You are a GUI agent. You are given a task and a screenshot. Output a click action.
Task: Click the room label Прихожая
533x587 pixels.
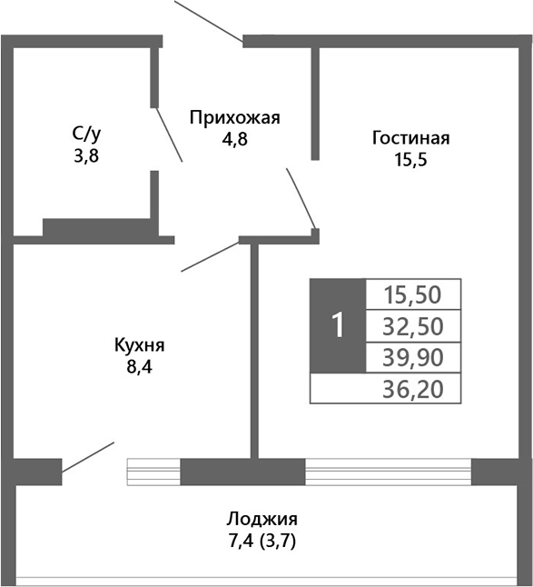[234, 117]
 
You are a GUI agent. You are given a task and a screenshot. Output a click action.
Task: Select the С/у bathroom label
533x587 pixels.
[85, 134]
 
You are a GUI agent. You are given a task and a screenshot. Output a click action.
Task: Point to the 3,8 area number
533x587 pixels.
[85, 155]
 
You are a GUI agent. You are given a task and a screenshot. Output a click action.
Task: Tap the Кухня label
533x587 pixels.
[139, 345]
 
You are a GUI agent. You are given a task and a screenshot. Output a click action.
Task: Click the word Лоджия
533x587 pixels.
[262, 520]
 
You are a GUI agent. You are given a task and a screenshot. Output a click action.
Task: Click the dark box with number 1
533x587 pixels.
[337, 325]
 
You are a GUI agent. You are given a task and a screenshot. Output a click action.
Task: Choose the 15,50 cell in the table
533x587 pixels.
[414, 294]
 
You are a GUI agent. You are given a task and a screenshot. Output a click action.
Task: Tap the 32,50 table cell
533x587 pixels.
[414, 325]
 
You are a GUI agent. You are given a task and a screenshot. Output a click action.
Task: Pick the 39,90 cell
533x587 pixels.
[414, 356]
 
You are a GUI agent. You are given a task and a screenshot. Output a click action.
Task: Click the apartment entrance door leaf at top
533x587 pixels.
[207, 20]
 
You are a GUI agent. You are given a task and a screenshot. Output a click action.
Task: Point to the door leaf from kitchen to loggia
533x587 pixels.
[88, 458]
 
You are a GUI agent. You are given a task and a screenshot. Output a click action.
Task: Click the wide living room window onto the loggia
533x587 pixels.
[388, 473]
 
